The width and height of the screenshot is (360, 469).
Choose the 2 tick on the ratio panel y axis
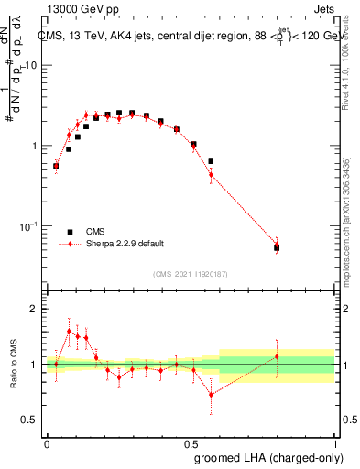37,310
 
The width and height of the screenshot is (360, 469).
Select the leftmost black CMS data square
56,166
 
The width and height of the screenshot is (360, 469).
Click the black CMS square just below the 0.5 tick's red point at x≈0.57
211,161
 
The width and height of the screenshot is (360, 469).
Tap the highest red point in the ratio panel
69,331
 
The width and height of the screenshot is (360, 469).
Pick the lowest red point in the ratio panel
211,395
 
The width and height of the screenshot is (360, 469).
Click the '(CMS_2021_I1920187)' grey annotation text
190,272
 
